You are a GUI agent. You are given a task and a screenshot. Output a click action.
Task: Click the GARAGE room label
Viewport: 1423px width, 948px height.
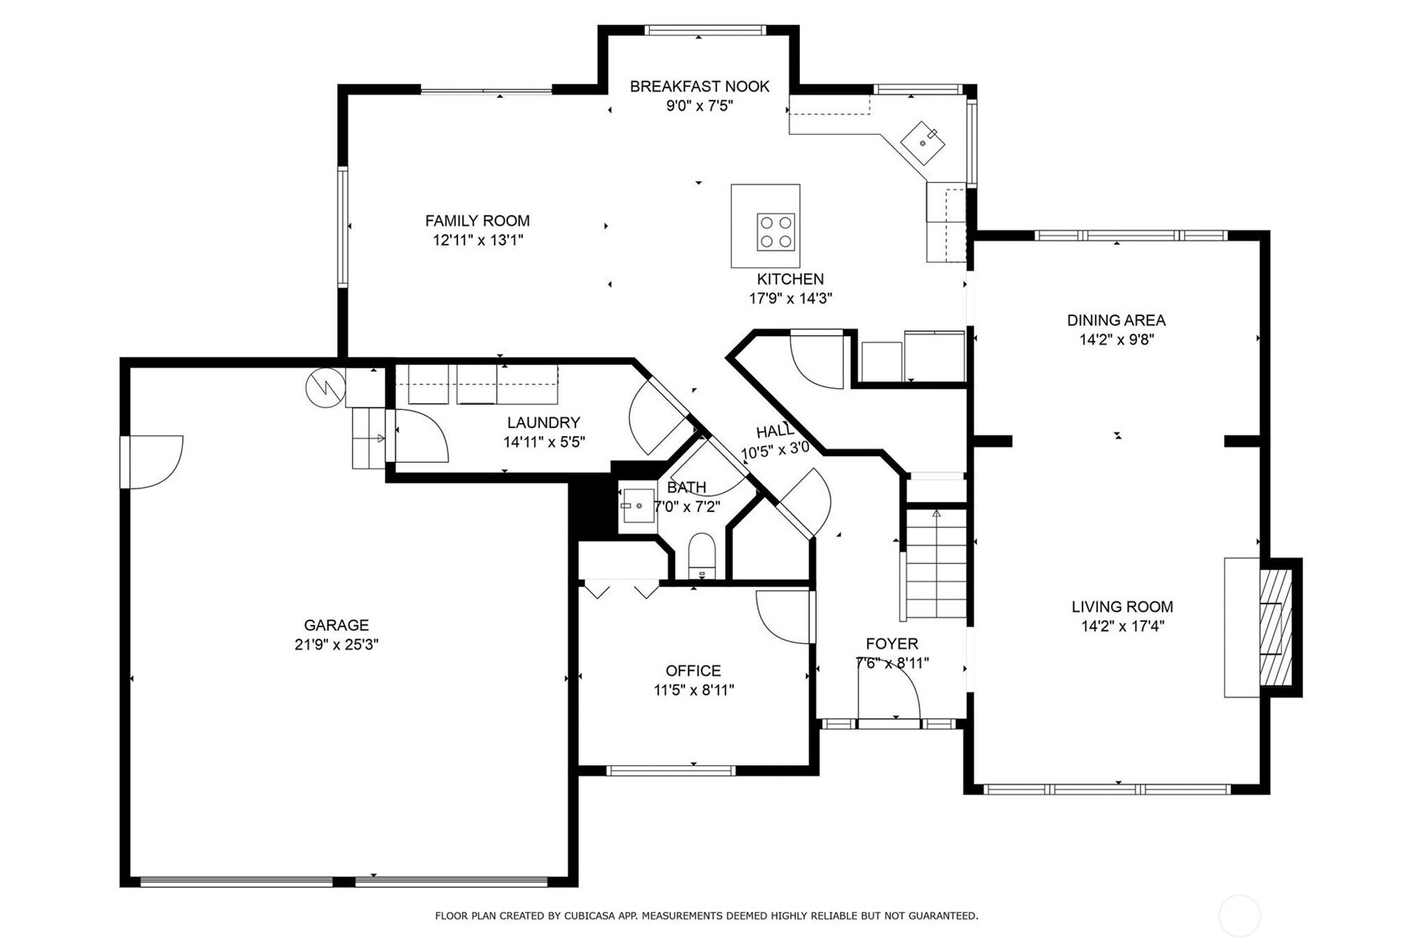[336, 624]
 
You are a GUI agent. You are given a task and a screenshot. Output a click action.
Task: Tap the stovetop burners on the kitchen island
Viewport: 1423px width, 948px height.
[776, 232]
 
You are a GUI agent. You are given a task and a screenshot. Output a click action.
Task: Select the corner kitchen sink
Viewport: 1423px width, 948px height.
[922, 143]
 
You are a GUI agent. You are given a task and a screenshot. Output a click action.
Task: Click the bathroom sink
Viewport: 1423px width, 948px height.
[638, 506]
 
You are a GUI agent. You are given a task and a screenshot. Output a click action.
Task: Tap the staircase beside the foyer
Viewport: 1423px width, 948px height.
[936, 564]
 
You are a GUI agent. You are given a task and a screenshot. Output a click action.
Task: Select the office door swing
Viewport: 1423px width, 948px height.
[782, 617]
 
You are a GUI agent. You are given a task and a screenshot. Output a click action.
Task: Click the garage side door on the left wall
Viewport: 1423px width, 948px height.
[156, 462]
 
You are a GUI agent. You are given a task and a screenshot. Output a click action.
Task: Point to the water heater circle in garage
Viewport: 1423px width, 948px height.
[325, 388]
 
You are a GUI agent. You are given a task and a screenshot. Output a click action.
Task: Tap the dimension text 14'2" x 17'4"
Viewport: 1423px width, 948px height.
[1123, 627]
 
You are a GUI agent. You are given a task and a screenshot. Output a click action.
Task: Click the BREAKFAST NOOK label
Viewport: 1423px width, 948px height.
[699, 86]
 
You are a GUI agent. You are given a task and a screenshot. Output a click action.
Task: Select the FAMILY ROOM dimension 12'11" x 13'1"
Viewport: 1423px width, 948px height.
[478, 240]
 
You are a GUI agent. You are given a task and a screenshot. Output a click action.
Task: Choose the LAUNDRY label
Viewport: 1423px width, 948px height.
[543, 422]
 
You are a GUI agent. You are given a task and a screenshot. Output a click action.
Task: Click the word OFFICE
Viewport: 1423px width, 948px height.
[693, 671]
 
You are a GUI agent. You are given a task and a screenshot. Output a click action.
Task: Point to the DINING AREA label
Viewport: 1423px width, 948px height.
[1116, 320]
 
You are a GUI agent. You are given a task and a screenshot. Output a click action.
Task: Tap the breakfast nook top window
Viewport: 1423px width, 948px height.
[705, 30]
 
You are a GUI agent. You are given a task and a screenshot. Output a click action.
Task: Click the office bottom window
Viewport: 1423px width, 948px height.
[671, 771]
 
